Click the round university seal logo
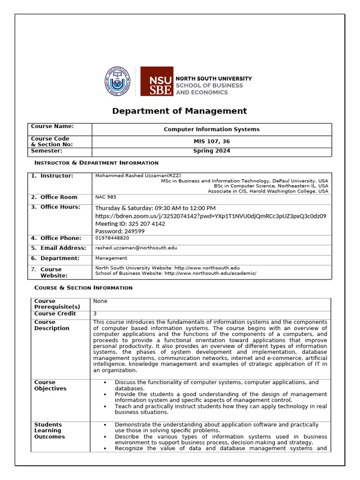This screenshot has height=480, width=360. [x=117, y=82]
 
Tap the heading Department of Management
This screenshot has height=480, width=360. [x=179, y=111]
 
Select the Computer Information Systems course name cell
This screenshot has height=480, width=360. [x=211, y=129]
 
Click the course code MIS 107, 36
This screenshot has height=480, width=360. [x=211, y=142]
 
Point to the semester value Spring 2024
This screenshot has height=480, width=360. [x=211, y=151]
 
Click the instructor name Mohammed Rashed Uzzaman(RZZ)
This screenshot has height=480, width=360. [x=138, y=175]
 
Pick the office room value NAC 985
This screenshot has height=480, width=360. [x=106, y=197]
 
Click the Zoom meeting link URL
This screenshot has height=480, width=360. [x=210, y=216]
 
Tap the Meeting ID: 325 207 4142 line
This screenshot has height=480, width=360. [x=130, y=224]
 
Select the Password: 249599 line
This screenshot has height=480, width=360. [x=120, y=231]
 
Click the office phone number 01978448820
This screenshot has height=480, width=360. [x=112, y=238]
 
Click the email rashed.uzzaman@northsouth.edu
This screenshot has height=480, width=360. [x=136, y=247]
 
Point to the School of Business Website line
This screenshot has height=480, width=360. [x=176, y=273]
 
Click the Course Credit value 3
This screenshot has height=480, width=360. [x=95, y=313]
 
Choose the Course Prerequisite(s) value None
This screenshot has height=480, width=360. [x=100, y=301]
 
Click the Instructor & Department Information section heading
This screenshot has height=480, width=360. [x=97, y=163]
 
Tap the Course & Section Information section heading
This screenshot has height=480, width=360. [x=83, y=287]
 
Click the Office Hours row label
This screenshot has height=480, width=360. [x=60, y=207]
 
